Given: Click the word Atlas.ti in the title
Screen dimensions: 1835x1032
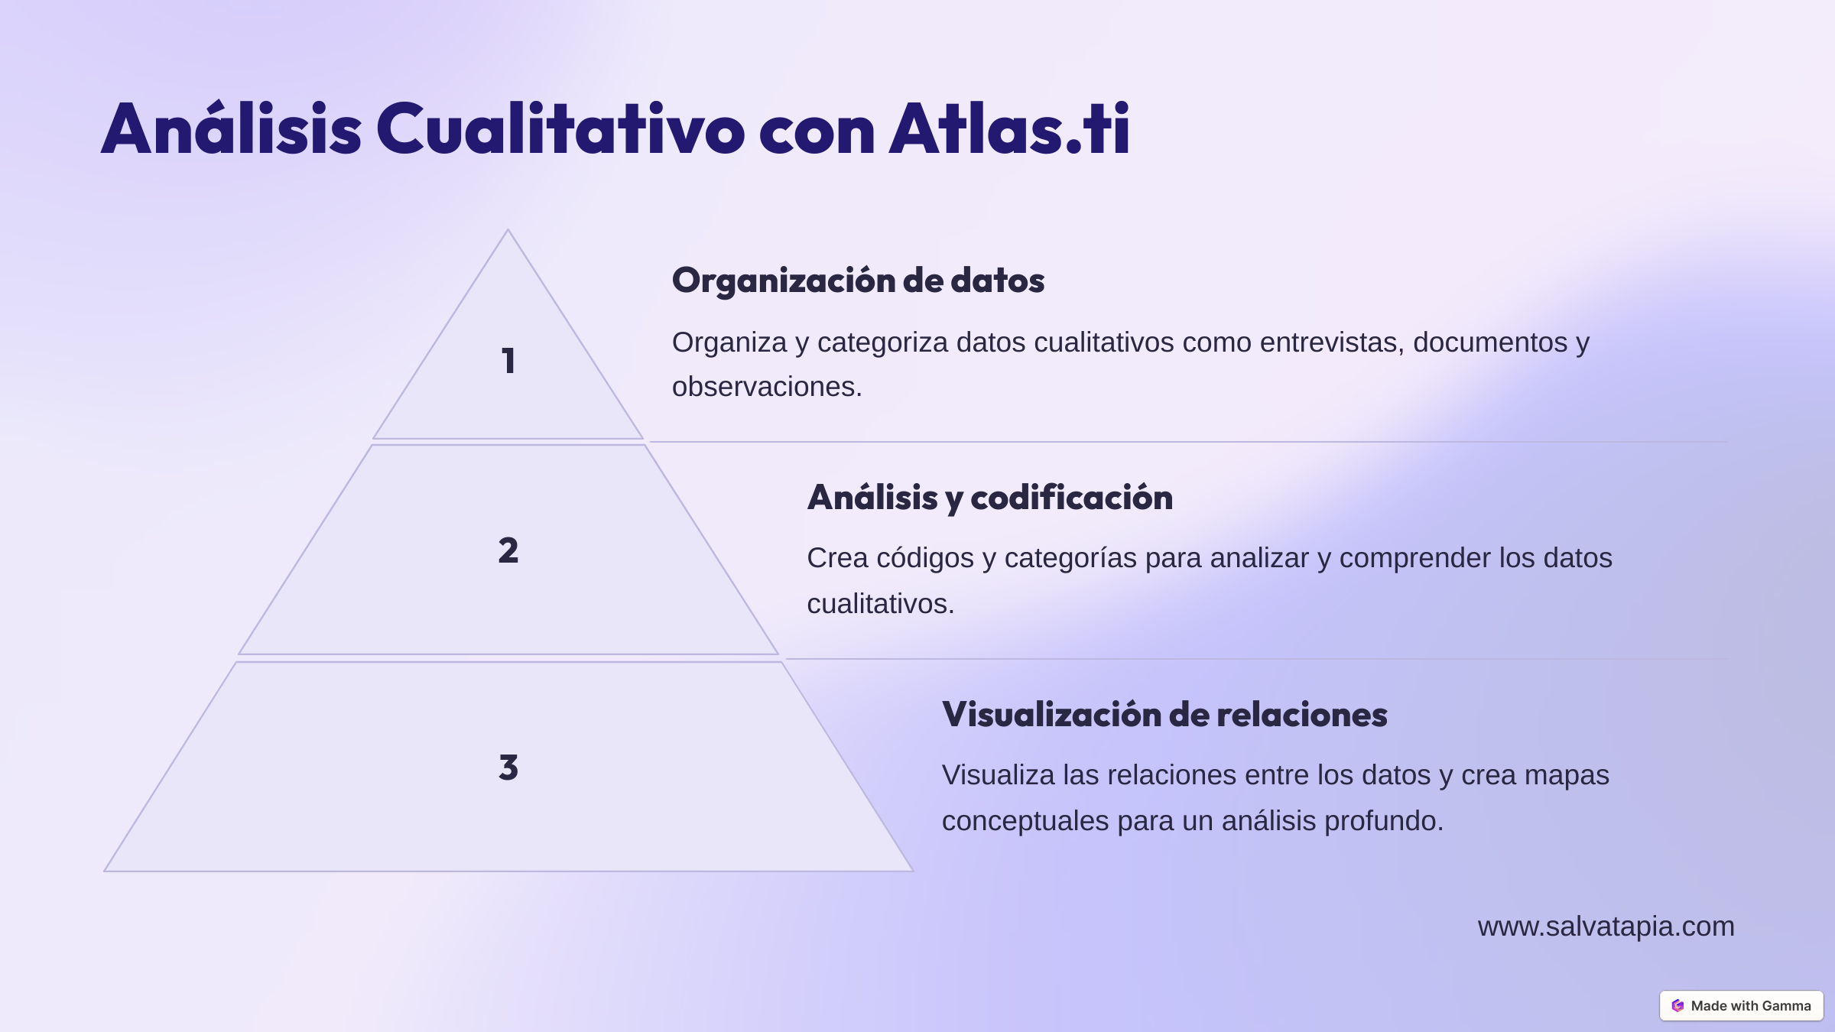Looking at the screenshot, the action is point(1009,128).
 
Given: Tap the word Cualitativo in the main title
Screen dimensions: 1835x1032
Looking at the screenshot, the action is point(560,128).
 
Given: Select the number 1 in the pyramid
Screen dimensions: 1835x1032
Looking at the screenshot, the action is point(508,361).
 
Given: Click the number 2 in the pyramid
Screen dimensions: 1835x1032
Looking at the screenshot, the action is point(508,550).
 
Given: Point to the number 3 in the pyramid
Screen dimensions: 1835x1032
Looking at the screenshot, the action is point(508,768).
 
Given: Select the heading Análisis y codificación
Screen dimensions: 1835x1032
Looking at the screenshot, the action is point(990,498).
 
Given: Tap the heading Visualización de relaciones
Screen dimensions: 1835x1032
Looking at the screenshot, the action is point(1164,715).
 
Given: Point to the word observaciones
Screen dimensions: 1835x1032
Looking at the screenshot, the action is point(767,387).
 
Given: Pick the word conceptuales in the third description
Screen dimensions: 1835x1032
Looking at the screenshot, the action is point(1025,822).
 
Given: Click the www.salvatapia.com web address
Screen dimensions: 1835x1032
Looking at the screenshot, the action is point(1606,927).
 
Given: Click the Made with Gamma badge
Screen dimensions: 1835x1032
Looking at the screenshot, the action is point(1741,1005).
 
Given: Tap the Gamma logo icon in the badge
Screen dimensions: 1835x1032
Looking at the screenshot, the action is point(1677,1005).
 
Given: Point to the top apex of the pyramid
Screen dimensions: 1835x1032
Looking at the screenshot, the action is point(508,229).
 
